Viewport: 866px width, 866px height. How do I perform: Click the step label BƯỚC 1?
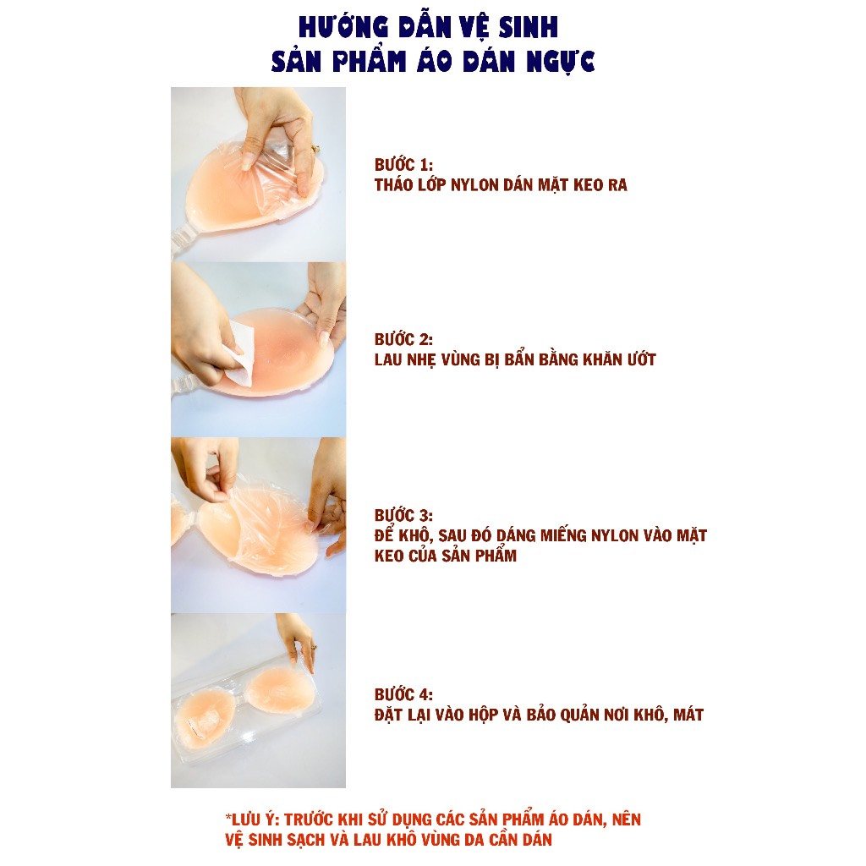click(x=403, y=165)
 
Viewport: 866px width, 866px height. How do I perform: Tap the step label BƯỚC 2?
click(x=403, y=339)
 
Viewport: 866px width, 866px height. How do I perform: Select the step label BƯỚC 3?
click(x=403, y=515)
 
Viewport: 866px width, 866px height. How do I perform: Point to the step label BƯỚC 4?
click(x=403, y=694)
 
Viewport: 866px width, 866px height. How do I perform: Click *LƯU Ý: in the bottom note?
click(x=251, y=819)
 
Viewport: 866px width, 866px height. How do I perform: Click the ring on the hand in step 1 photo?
click(x=316, y=150)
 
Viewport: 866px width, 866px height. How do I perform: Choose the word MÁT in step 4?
click(x=684, y=715)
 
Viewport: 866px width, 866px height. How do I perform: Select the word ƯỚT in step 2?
click(x=640, y=359)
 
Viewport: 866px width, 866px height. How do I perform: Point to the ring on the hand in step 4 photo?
click(x=313, y=646)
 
